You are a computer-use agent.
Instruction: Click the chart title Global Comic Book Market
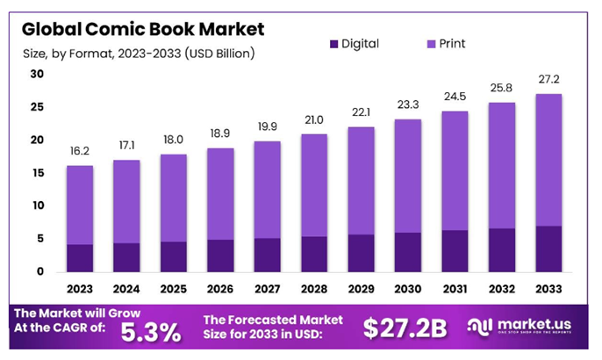coord(141,28)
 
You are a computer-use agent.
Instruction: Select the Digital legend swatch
coord(332,43)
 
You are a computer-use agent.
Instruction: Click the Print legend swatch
coord(432,43)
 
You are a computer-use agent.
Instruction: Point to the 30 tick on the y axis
coord(37,74)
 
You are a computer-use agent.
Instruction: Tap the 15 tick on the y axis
coord(37,173)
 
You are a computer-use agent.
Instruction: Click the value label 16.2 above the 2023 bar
coord(80,152)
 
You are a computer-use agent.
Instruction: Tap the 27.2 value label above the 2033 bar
coord(549,80)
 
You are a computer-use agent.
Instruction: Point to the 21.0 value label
coord(314,120)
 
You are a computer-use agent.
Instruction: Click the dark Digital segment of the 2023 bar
coord(80,258)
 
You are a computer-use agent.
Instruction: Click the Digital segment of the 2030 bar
coord(408,252)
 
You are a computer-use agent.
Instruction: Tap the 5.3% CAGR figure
coord(150,331)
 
